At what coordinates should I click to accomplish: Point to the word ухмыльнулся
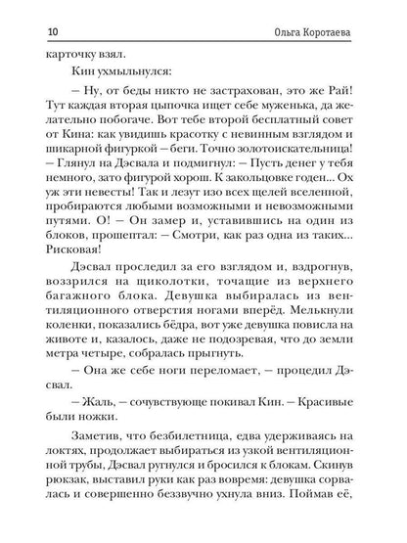point(109,73)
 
